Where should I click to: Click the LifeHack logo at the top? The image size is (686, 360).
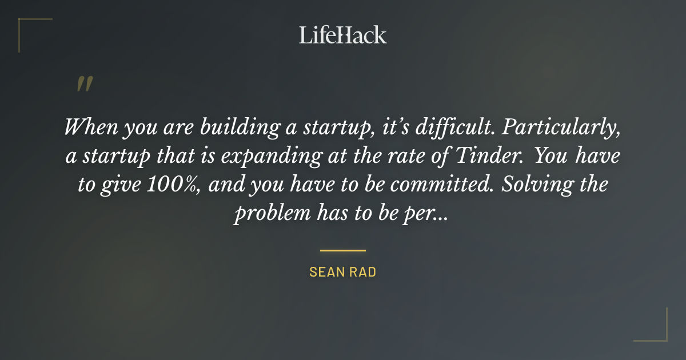[x=342, y=35]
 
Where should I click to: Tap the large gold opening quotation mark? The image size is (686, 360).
[x=84, y=84]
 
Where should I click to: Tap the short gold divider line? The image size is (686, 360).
[x=342, y=250]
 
